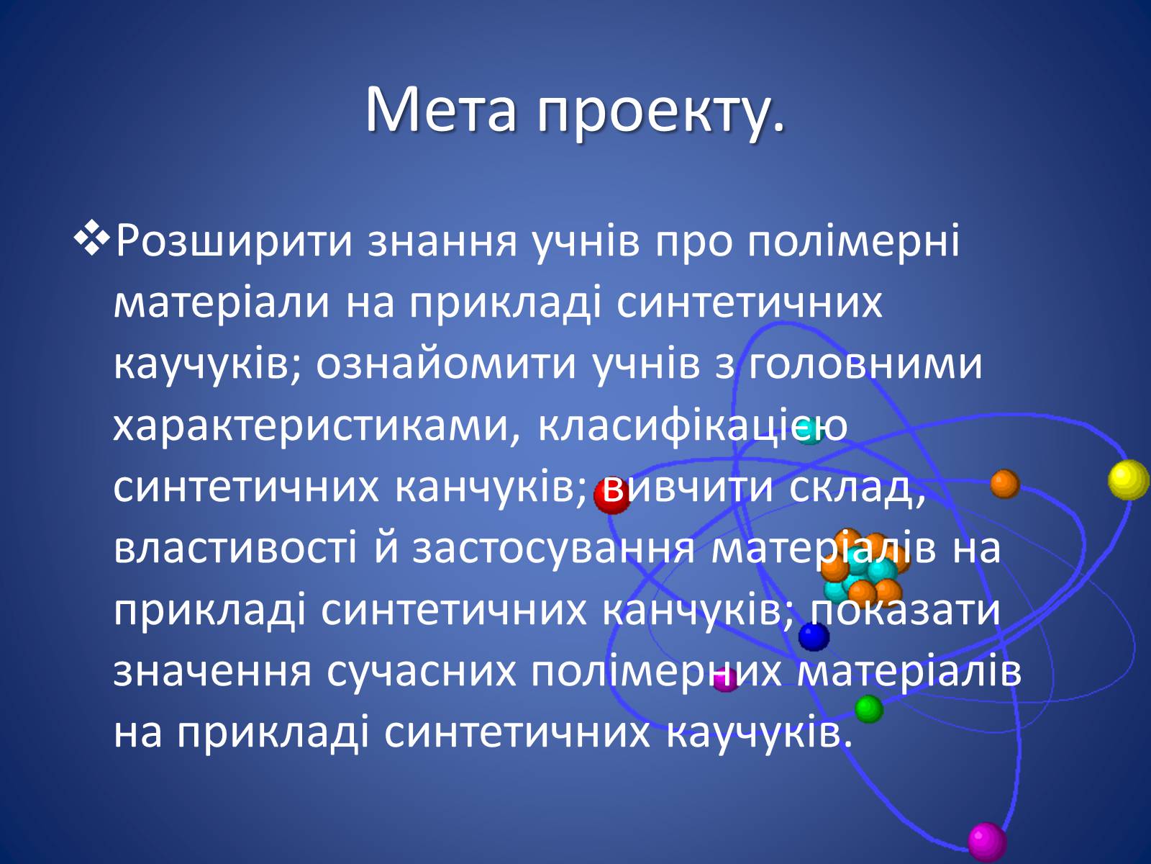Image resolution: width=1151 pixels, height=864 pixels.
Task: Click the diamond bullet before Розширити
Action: (x=92, y=239)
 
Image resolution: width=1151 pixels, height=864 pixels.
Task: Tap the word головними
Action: (x=865, y=364)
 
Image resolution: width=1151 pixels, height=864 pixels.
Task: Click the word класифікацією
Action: (x=692, y=426)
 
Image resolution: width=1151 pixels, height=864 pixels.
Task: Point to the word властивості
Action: (x=235, y=548)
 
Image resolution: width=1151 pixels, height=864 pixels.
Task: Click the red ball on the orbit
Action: (x=611, y=496)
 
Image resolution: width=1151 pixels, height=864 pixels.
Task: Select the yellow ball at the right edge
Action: (x=1129, y=480)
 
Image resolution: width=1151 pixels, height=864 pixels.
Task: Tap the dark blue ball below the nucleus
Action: (x=814, y=636)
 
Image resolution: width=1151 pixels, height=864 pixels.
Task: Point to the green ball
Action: (x=869, y=709)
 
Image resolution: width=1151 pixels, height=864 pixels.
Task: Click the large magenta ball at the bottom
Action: (x=987, y=842)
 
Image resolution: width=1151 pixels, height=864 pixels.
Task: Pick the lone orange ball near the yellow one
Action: (x=1005, y=484)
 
